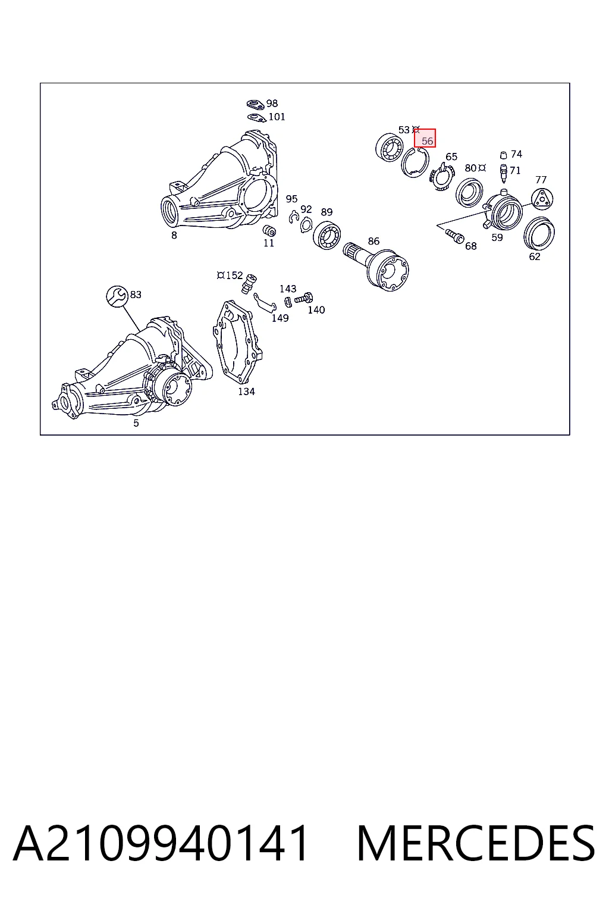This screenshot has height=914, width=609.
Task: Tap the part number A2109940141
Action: (161, 843)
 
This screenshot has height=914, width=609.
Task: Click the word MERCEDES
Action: (476, 843)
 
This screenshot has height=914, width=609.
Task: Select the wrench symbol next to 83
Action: (117, 296)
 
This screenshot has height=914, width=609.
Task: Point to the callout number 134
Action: (246, 392)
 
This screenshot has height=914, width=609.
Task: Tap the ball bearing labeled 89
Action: (327, 236)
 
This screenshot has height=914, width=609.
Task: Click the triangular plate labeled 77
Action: (542, 199)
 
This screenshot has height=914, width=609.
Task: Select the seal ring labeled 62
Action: (539, 233)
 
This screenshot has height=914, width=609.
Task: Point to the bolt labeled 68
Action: (455, 236)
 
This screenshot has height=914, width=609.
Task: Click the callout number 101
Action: (277, 117)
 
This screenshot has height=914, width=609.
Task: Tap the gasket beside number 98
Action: (256, 105)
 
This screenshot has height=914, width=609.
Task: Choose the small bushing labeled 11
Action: (269, 230)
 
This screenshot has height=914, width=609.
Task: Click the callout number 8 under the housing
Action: (174, 236)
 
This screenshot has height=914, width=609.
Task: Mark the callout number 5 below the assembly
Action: (136, 424)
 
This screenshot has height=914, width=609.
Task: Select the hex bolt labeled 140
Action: (304, 298)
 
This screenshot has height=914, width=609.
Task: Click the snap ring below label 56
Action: (415, 162)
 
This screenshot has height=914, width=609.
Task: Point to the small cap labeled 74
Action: (503, 155)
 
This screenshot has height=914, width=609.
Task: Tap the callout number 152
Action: (234, 276)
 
